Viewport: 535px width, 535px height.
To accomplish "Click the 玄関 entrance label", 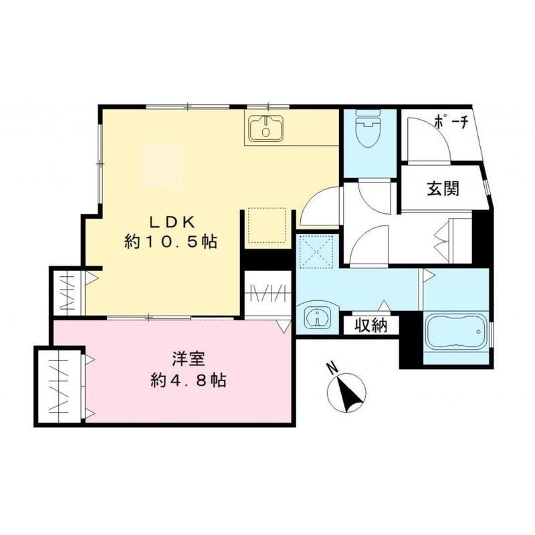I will point(443,189).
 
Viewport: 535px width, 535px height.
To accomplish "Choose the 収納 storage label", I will point(371,326).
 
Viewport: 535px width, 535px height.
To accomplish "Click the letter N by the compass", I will point(331,367).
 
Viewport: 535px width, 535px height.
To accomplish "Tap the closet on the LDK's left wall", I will point(69,292).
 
